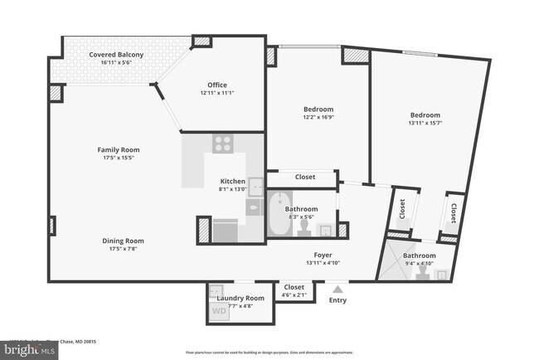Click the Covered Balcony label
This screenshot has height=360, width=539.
coord(116,55)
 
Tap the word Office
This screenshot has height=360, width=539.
coord(216,85)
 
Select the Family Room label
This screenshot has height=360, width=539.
coord(119,149)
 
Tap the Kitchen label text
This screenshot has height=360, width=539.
coord(232,182)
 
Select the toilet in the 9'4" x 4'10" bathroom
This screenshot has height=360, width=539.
coord(423,275)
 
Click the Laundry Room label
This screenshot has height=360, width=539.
coord(240,298)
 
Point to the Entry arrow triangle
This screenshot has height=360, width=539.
coord(337,289)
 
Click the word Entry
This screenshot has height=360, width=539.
coord(337,300)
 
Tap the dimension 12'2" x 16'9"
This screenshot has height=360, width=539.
coord(318,117)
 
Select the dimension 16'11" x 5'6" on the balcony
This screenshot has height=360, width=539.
coord(116,63)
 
